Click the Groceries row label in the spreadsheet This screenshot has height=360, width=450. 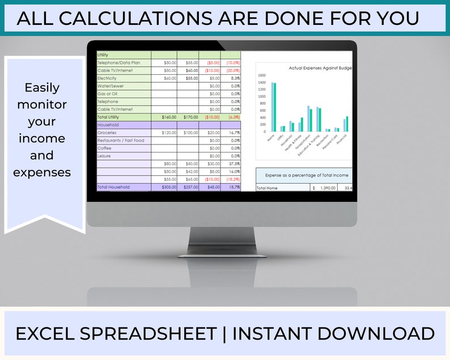click(107, 132)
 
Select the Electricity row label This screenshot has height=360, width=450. click(108, 78)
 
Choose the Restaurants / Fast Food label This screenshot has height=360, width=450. click(121, 140)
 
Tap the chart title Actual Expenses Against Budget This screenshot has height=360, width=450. click(320, 68)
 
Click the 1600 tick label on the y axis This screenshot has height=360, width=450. click(261, 75)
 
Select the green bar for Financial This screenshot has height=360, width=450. click(347, 124)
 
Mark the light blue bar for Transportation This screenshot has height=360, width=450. click(308, 118)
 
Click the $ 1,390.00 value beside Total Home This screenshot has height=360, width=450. click(325, 188)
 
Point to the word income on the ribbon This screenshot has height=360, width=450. click(42, 139)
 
